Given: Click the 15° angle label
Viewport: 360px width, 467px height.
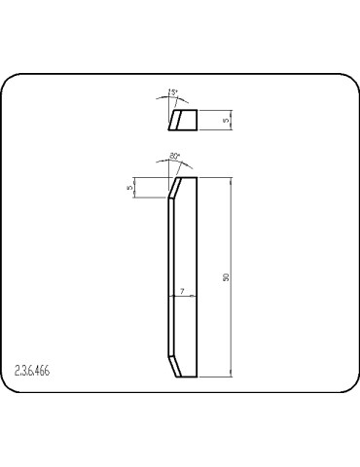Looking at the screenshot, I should coord(174,92).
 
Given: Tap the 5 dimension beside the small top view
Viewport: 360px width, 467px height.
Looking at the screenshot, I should coord(226,120).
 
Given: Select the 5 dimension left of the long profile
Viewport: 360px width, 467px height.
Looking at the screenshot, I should coord(129,188).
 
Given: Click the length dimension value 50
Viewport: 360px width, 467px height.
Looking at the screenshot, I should coord(226,277).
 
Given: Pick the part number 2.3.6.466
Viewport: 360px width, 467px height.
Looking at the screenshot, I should coord(34,371).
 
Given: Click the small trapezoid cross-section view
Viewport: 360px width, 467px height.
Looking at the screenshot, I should coord(182,120).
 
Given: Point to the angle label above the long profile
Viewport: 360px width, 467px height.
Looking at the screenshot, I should coord(175,155).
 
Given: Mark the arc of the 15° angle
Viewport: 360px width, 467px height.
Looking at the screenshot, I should coord(173,99).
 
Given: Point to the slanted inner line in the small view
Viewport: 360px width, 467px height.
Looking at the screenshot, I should coord(176,120).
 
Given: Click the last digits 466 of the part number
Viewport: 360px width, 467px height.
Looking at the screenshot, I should coord(44,371).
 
